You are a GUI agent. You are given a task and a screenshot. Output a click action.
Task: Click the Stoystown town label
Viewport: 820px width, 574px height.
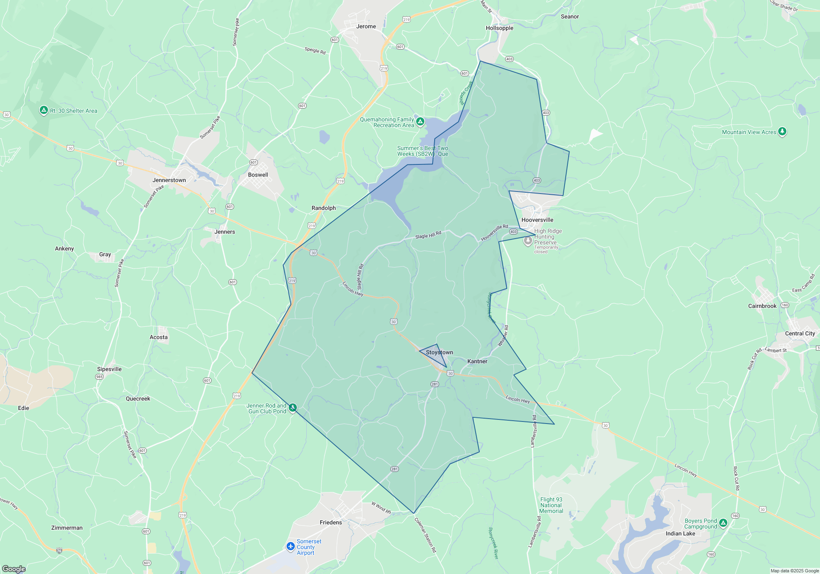[439, 352]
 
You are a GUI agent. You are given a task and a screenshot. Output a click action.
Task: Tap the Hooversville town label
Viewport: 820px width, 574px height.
[537, 220]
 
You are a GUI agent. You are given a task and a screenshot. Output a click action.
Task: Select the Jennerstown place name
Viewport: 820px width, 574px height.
[169, 180]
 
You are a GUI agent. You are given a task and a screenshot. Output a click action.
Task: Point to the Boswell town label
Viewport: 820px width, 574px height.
[258, 175]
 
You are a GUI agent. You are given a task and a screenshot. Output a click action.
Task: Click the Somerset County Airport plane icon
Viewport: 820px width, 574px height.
[291, 546]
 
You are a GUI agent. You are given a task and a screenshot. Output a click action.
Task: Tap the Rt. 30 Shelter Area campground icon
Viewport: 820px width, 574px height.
[44, 110]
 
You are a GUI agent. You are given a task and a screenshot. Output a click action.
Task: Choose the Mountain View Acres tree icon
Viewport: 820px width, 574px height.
[782, 132]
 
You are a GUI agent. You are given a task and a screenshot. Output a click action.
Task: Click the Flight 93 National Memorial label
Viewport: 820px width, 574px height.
[551, 505]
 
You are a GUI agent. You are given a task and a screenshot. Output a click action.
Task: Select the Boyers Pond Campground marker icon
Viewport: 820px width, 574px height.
[723, 523]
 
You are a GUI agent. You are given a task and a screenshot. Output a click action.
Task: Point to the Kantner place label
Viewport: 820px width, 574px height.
[477, 361]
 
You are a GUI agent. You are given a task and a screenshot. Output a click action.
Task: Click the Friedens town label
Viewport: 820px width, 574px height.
[330, 522]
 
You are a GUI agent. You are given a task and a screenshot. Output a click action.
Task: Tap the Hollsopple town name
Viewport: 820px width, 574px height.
[499, 28]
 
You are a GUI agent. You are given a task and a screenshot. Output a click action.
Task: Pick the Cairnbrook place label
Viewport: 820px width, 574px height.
[762, 306]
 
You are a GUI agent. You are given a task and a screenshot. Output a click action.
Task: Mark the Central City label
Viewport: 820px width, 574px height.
[799, 333]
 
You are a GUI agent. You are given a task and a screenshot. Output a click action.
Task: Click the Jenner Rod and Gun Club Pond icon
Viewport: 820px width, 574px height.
[292, 408]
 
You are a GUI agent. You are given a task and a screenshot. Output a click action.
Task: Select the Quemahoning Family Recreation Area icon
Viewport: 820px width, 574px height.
[420, 121]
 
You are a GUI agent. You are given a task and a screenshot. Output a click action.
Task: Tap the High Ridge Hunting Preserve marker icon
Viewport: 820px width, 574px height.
[528, 240]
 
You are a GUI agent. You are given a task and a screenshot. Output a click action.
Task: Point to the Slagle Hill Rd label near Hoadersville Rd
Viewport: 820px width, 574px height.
[428, 235]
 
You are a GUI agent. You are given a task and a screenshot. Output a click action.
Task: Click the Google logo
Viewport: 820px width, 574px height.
[14, 569]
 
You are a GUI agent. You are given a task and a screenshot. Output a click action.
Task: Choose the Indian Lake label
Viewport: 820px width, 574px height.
[680, 533]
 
